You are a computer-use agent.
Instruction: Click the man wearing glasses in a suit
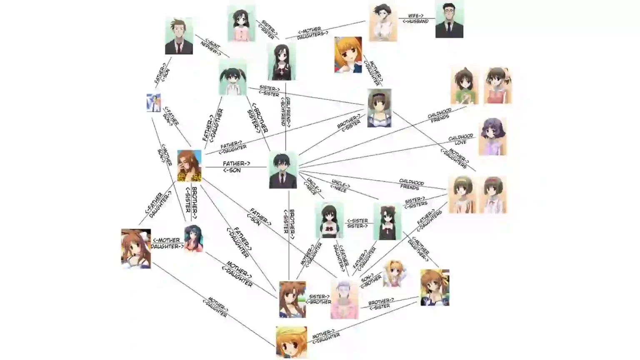pyautogui.click(x=449, y=20)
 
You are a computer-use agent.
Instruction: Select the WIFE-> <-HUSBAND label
pyautogui.click(x=415, y=19)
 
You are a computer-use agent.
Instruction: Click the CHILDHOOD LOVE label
pyautogui.click(x=461, y=139)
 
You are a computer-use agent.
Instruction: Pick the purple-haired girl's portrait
pyautogui.click(x=492, y=137)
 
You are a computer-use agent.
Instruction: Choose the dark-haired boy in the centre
pyautogui.click(x=283, y=170)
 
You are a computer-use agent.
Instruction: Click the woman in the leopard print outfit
pyautogui.click(x=189, y=165)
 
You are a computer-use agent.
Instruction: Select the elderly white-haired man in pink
pyautogui.click(x=344, y=299)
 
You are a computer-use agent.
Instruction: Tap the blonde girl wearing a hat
pyautogui.click(x=291, y=342)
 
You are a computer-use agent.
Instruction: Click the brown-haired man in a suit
pyautogui.click(x=179, y=36)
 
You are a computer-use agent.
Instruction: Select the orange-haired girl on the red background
pyautogui.click(x=348, y=55)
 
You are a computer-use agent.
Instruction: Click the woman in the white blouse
pyautogui.click(x=382, y=22)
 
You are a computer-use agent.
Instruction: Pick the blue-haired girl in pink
pyautogui.click(x=193, y=238)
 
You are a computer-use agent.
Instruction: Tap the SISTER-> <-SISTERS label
pyautogui.click(x=415, y=202)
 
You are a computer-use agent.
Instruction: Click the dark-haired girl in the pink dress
pyautogui.click(x=241, y=24)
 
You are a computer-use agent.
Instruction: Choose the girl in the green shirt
pyautogui.click(x=464, y=86)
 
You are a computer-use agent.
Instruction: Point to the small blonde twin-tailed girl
pyautogui.click(x=392, y=273)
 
